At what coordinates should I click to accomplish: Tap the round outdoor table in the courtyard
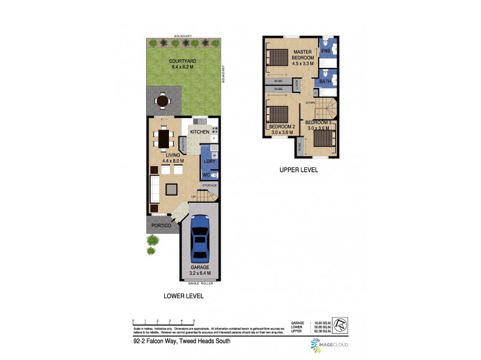coord(162,101)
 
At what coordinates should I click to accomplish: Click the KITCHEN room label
coord(200,132)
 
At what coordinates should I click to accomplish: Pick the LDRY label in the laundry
coord(209,161)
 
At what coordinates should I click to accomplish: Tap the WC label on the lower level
coord(206,175)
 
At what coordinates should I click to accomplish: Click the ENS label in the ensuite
coord(326,51)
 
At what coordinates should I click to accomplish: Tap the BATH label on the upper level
coord(325,81)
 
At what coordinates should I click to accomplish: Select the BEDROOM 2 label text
coord(281,127)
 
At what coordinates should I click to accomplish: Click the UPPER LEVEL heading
coord(299,170)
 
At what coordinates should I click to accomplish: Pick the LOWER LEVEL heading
coord(183,296)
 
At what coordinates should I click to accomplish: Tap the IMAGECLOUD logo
coord(329,345)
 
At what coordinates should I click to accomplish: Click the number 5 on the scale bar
coord(194,322)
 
